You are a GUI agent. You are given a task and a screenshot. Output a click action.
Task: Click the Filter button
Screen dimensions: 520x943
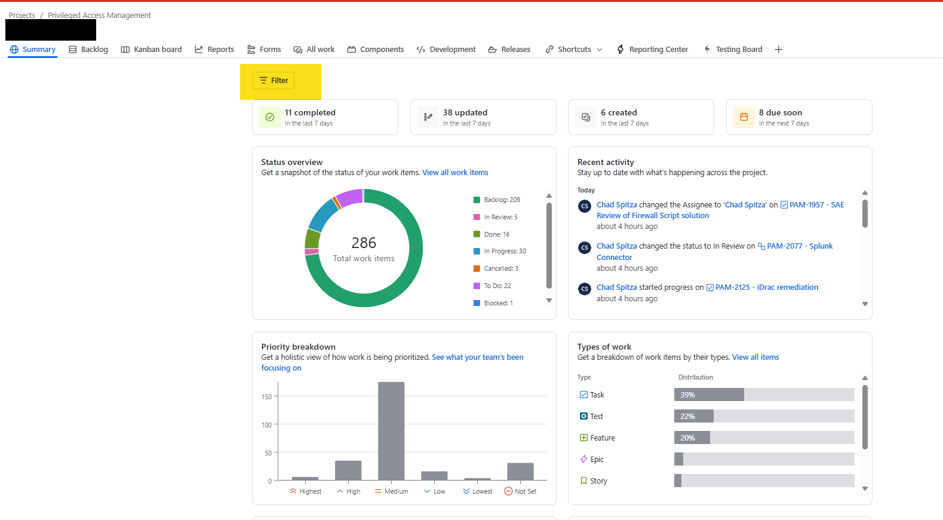coord(274,81)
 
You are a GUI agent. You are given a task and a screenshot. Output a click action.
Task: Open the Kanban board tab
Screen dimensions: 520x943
coord(151,50)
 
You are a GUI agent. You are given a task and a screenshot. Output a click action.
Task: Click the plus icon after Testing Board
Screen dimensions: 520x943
coord(778,50)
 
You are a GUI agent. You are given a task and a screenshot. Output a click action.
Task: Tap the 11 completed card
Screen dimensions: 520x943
coord(325,117)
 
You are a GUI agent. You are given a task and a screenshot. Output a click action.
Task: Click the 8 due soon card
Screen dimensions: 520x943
coord(798,117)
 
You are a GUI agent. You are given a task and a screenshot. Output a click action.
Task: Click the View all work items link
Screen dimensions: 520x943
coord(455,173)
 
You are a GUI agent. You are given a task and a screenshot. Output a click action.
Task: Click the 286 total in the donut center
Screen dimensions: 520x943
coord(364,243)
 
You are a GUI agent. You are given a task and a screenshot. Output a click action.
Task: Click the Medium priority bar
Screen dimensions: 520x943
coord(391,430)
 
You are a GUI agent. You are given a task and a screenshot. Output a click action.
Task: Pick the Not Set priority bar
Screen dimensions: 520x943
coord(520,471)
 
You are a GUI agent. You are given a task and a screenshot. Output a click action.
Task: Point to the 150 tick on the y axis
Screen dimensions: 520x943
coord(266,397)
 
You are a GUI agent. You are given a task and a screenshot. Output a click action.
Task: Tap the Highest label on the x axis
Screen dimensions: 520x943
coord(305,491)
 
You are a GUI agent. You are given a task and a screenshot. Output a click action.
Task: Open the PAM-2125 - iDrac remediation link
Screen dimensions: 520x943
coord(766,287)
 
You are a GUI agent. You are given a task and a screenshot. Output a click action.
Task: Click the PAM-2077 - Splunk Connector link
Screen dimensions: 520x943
coord(799,246)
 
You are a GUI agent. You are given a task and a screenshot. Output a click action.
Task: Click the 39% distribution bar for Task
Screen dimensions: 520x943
coord(709,395)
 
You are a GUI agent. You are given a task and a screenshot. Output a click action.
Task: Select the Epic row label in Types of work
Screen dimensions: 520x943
coord(596,460)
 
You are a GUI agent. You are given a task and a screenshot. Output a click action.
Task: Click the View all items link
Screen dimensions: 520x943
coord(755,357)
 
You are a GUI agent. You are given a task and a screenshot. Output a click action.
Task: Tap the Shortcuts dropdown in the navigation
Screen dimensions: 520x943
coord(574,50)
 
